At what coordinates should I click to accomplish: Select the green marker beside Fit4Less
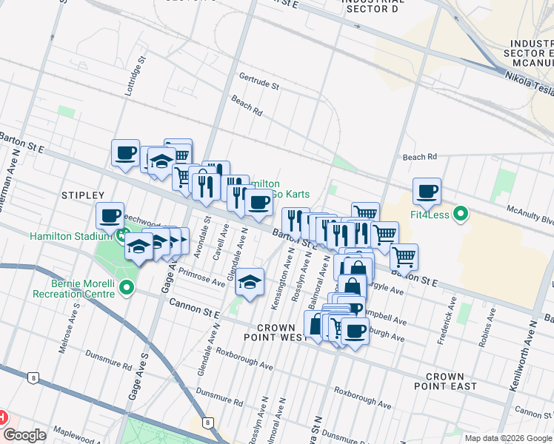pos(461,215)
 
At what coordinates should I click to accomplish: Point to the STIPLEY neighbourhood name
pos(83,195)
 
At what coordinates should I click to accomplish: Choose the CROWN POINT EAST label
pos(444,381)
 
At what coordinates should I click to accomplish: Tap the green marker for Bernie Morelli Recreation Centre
pos(127,288)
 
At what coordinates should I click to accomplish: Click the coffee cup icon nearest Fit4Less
pos(427,192)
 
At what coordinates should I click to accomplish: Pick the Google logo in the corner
pos(24,435)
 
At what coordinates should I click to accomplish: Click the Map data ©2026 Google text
pos(507,438)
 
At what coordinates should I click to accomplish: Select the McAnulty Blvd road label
pos(533,215)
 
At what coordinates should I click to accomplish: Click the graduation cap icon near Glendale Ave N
pos(250,282)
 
